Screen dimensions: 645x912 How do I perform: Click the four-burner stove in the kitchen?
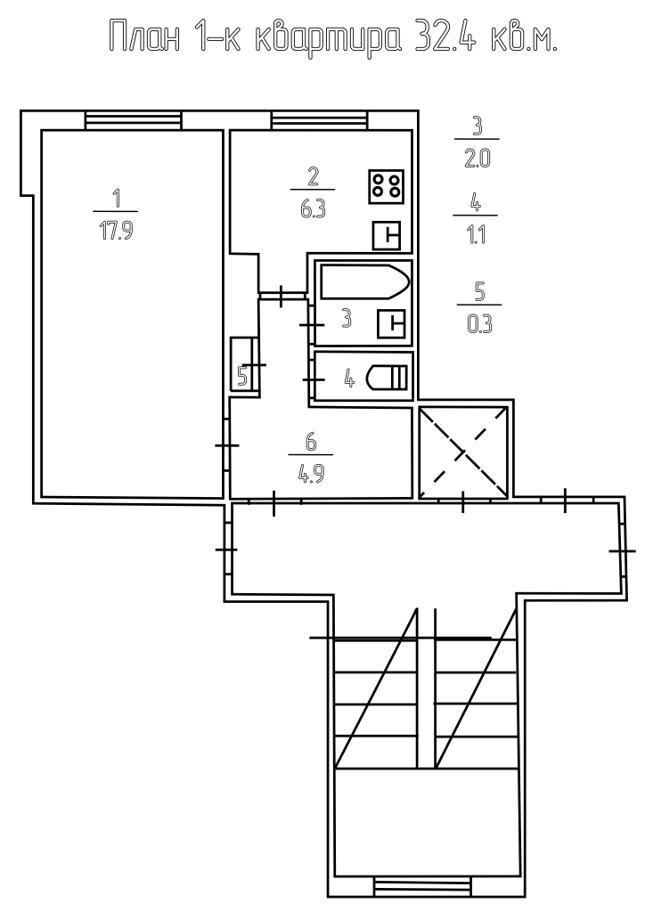point(386,186)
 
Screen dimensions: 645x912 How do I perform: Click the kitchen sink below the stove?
point(387,235)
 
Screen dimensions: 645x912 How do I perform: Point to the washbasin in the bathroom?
point(391,324)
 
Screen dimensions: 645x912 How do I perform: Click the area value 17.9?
point(117,231)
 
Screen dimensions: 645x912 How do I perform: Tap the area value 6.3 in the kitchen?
point(313,208)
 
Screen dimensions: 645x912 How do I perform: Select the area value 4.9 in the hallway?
point(311,474)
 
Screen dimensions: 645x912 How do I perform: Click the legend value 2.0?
point(477,159)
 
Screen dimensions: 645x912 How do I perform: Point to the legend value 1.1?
point(476,235)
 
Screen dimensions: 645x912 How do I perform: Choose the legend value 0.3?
point(480,324)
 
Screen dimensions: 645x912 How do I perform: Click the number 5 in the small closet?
point(242,377)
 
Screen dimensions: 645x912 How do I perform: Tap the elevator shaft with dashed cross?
point(463,452)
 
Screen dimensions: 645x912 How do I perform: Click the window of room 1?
point(134,120)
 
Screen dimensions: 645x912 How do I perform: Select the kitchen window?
point(319,120)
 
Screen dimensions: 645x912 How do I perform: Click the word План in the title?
point(144,37)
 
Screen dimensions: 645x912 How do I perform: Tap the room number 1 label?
point(117,198)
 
